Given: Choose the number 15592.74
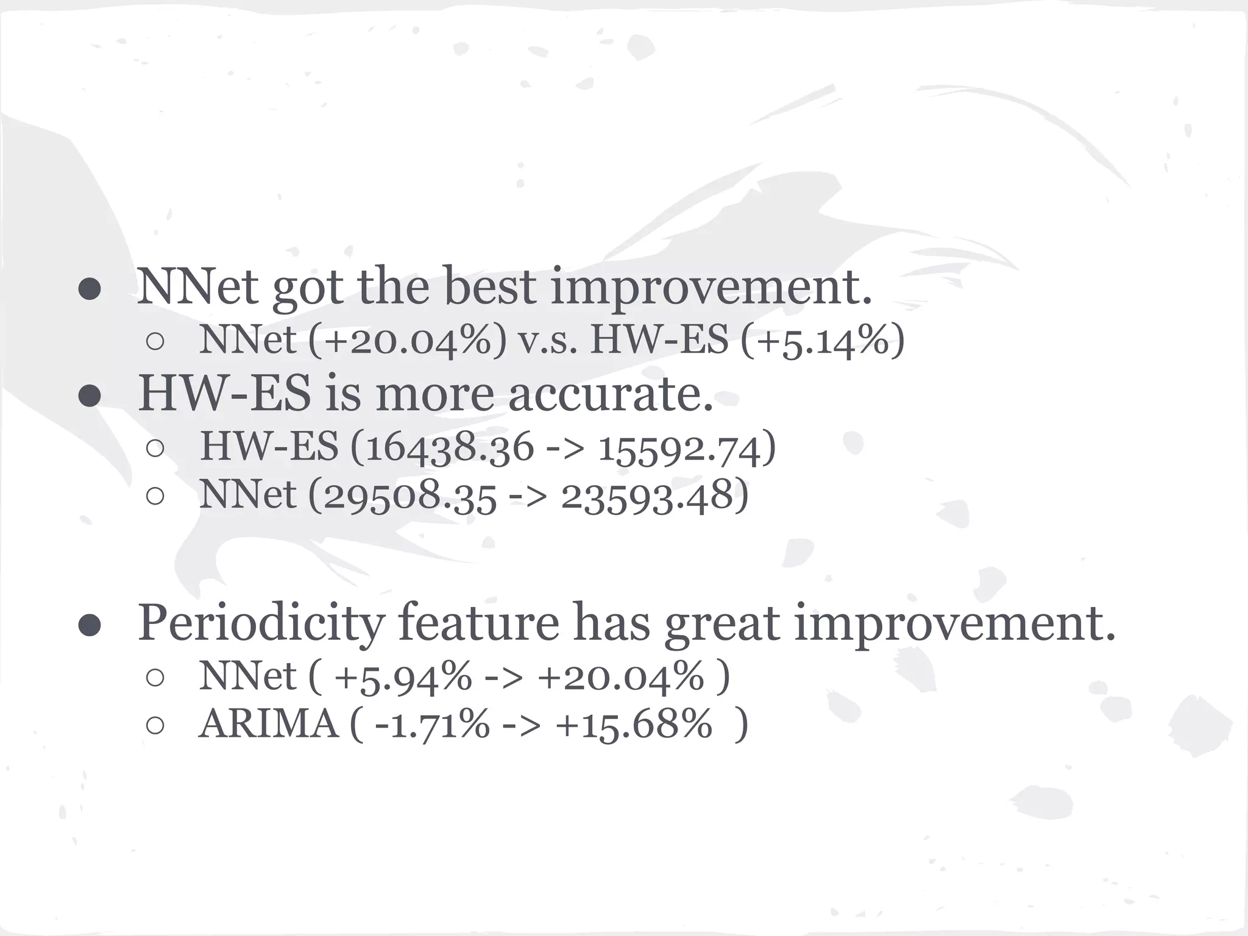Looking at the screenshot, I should tap(679, 449).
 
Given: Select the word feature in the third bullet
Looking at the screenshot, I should tap(478, 623).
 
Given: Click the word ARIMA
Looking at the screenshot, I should tap(268, 725).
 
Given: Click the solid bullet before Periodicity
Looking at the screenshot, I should tap(90, 625).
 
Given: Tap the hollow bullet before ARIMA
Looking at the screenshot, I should tap(155, 725).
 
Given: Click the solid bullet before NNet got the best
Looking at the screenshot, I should tap(90, 289).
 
